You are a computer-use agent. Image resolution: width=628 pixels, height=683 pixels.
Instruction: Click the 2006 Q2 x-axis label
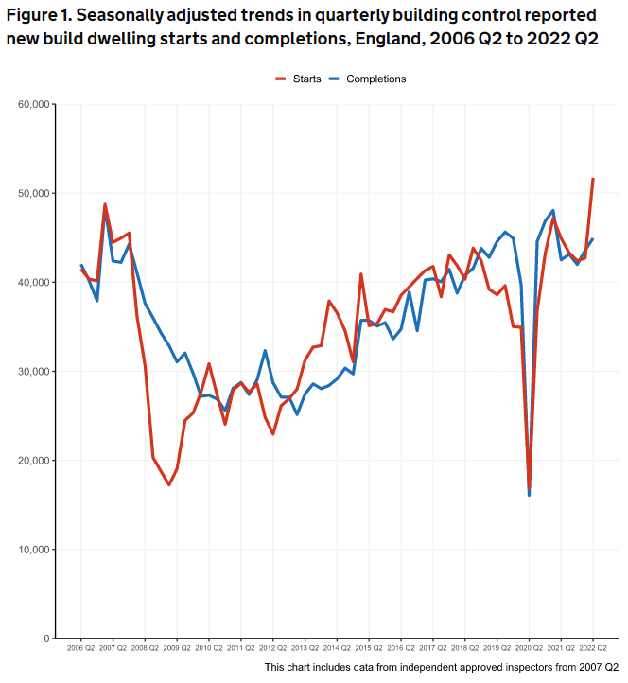tap(80, 648)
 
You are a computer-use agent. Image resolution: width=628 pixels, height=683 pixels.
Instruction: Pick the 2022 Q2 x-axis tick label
tap(593, 648)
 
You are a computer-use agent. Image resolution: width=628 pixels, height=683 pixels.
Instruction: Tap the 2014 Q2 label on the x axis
tap(337, 648)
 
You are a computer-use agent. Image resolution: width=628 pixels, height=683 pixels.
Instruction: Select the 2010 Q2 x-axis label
tap(208, 648)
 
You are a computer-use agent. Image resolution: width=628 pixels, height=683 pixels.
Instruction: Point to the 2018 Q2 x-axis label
tap(464, 648)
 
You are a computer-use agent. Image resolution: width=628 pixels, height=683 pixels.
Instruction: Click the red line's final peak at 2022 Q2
tap(593, 179)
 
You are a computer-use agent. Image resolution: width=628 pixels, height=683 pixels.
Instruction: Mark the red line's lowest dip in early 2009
tap(169, 485)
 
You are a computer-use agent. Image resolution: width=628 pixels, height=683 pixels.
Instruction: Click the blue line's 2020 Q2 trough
tap(530, 495)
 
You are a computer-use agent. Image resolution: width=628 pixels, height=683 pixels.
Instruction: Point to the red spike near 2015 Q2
tap(361, 274)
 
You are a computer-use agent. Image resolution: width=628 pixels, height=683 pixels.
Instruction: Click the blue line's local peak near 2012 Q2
tap(265, 351)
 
